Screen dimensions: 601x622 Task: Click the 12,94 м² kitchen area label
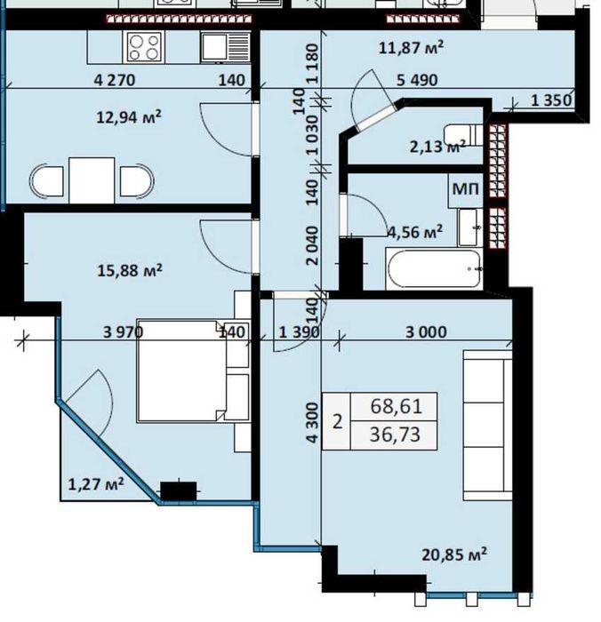pyautogui.click(x=129, y=117)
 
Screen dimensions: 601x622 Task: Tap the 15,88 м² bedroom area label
pyautogui.click(x=130, y=270)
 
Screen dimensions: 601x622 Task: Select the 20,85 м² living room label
pyautogui.click(x=454, y=554)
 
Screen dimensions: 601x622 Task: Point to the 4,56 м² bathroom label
pyautogui.click(x=415, y=232)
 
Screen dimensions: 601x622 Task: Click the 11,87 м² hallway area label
pyautogui.click(x=411, y=48)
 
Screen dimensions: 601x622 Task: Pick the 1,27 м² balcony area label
pyautogui.click(x=96, y=484)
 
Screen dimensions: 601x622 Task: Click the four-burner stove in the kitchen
pyautogui.click(x=145, y=47)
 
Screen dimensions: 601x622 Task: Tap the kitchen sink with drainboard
pyautogui.click(x=226, y=48)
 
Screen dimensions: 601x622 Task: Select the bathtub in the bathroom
pyautogui.click(x=434, y=268)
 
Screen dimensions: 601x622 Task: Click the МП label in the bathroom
pyautogui.click(x=466, y=189)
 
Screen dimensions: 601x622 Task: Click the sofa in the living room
pyautogui.click(x=487, y=425)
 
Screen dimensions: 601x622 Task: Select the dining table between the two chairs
pyautogui.click(x=92, y=180)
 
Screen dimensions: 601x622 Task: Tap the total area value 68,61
pyautogui.click(x=396, y=407)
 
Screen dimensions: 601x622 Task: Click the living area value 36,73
pyautogui.click(x=395, y=435)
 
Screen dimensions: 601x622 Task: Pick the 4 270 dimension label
pyautogui.click(x=115, y=80)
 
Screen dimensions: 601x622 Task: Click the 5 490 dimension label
pyautogui.click(x=418, y=80)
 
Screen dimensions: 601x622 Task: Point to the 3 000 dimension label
pyautogui.click(x=427, y=332)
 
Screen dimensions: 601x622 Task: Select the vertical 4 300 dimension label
pyautogui.click(x=313, y=423)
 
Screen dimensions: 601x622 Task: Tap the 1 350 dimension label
pyautogui.click(x=552, y=100)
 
